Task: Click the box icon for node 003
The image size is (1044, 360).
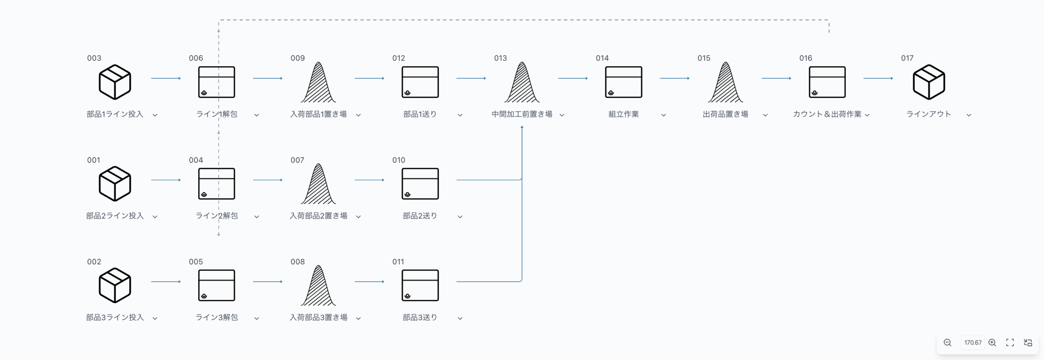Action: click(115, 82)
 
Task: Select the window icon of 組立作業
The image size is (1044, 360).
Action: click(623, 82)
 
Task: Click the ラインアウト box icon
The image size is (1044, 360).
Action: click(929, 82)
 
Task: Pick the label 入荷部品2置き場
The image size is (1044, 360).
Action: click(318, 216)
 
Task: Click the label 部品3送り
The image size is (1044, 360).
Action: click(420, 317)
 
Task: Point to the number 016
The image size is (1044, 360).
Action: click(805, 58)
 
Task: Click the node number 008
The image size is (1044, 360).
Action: click(297, 261)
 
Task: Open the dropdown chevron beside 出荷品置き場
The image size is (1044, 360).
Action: click(765, 115)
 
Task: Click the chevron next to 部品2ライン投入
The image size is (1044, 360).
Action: click(155, 216)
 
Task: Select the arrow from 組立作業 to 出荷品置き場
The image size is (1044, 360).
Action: click(675, 78)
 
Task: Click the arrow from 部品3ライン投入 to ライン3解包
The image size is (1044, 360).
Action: click(166, 281)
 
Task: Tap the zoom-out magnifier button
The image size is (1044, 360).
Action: click(947, 342)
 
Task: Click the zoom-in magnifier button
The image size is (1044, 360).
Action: click(992, 342)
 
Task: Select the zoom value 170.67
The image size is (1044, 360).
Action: click(973, 342)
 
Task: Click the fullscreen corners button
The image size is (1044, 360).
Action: click(1010, 342)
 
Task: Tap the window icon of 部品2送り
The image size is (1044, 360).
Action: click(420, 183)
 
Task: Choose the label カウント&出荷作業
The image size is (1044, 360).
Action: click(827, 114)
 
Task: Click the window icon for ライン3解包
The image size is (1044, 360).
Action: click(216, 285)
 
